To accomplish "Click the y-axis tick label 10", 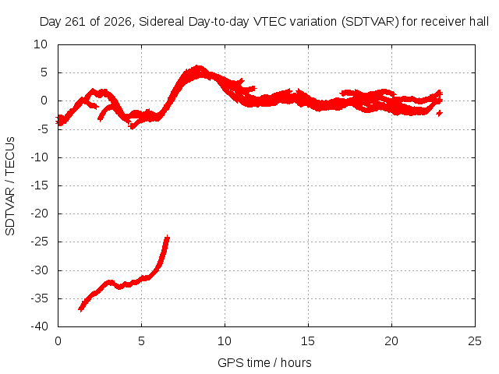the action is (41, 44).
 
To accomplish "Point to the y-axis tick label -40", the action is (39, 326).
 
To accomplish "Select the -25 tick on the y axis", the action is (39, 242).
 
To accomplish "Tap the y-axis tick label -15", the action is (39, 185).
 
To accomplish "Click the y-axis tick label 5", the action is (44, 72).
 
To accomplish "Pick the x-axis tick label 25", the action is (475, 341).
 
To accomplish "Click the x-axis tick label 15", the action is (308, 341).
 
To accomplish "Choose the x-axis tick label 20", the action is (391, 341).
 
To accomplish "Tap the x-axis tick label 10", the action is (225, 341).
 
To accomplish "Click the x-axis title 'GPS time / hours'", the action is (264, 362).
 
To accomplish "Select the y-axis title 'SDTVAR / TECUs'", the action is (10, 186).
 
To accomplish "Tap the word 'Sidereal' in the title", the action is (161, 22).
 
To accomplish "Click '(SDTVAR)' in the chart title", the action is (370, 22).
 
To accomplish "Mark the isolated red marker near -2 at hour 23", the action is (440, 113).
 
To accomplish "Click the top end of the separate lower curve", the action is (168, 238).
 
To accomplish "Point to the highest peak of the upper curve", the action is (198, 68).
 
